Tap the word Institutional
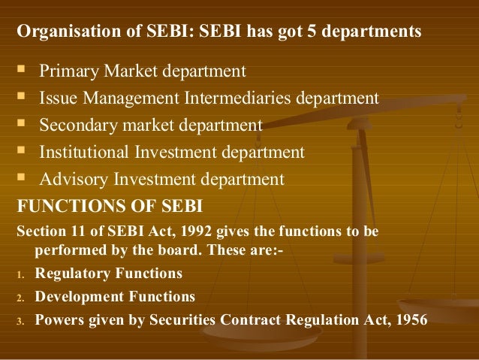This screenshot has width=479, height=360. tap(83, 152)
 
